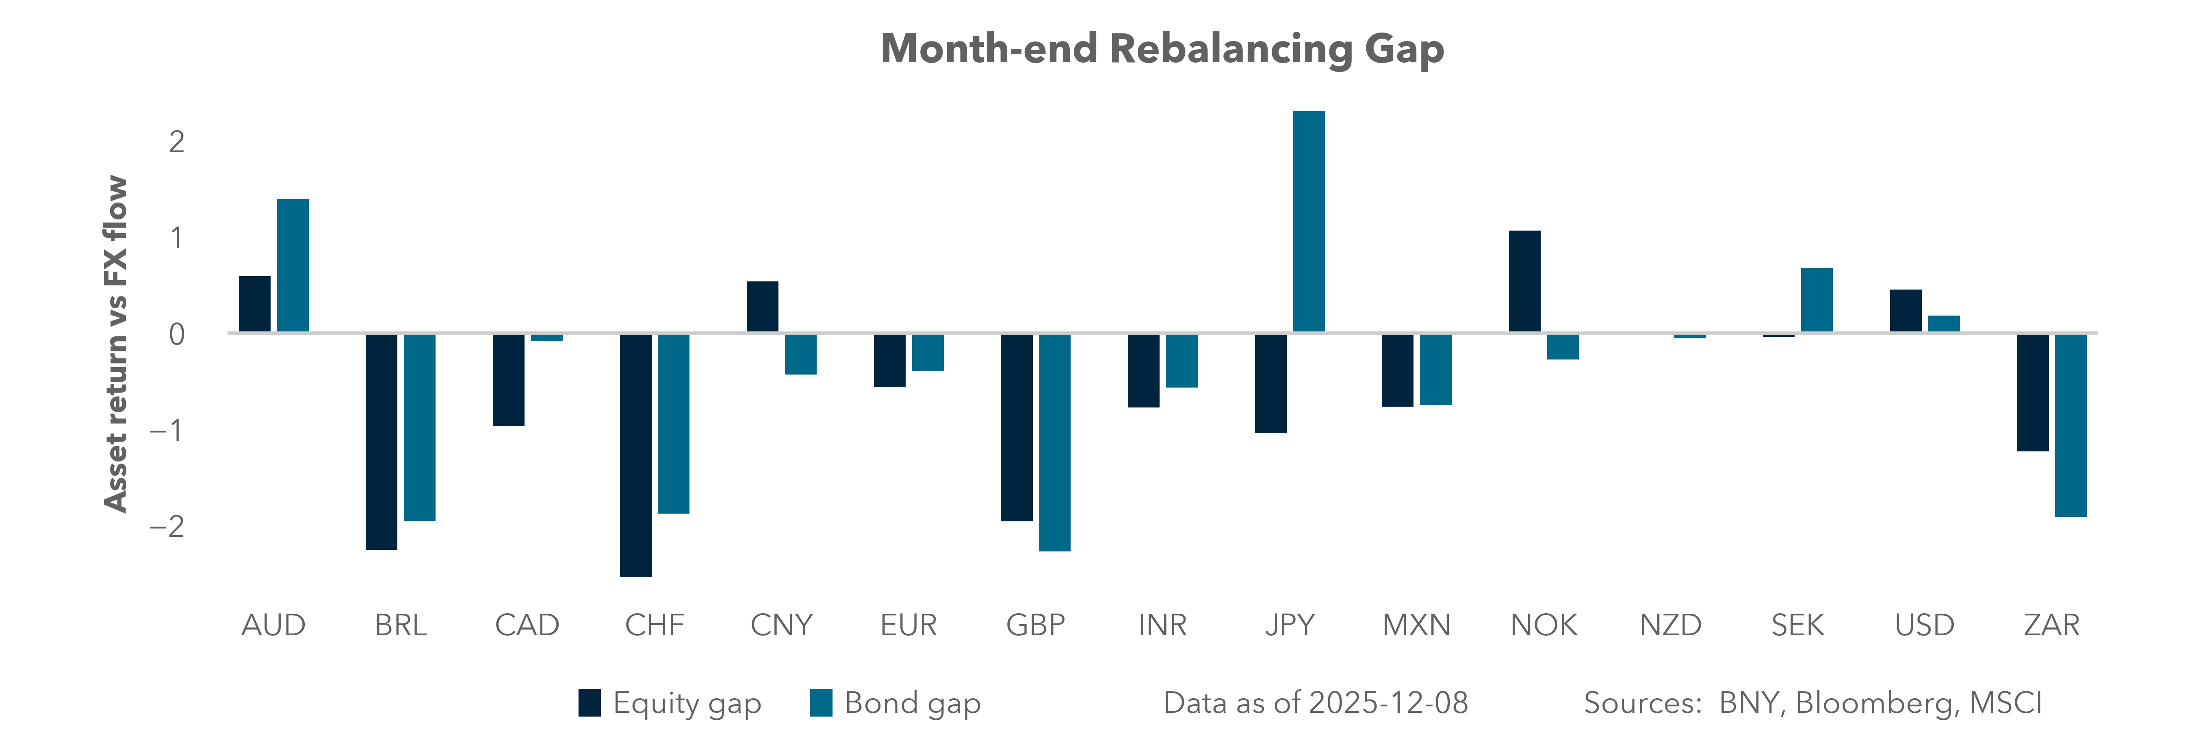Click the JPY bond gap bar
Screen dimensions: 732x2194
point(1308,222)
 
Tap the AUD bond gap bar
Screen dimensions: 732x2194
point(292,266)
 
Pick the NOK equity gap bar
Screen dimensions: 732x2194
point(1524,281)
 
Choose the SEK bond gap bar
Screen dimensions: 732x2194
point(1817,300)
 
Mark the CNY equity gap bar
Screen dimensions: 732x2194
point(762,307)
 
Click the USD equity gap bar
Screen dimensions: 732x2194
point(1905,311)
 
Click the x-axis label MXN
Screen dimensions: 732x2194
point(1416,625)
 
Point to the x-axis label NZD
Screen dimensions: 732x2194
point(1670,625)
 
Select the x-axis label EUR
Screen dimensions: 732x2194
point(908,625)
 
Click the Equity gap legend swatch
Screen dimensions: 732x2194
point(590,703)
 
